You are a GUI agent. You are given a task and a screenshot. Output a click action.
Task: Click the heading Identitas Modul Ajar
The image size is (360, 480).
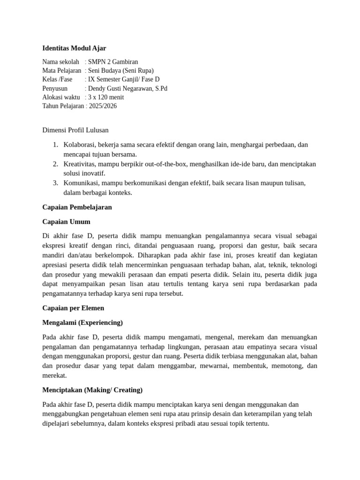pyautogui.click(x=74, y=48)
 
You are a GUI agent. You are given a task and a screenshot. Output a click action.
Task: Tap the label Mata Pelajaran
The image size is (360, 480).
pyautogui.click(x=61, y=70)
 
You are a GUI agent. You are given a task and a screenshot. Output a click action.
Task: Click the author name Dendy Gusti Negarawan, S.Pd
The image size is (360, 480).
pyautogui.click(x=127, y=88)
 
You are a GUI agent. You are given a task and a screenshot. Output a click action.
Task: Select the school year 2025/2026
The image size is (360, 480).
pyautogui.click(x=103, y=106)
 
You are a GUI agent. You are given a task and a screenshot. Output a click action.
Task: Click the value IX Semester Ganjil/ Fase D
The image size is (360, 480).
pyautogui.click(x=124, y=79)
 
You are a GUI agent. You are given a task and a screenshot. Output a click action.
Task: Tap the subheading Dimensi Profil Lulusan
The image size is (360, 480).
pyautogui.click(x=75, y=130)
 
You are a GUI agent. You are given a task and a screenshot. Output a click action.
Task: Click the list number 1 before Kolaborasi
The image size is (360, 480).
pyautogui.click(x=55, y=145)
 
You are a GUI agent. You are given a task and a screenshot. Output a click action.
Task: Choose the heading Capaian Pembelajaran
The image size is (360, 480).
pyautogui.click(x=77, y=207)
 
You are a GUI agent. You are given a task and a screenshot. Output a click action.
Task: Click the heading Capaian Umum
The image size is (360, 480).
pyautogui.click(x=66, y=221)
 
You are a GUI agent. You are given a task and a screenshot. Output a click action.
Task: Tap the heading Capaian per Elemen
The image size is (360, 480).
pyautogui.click(x=73, y=308)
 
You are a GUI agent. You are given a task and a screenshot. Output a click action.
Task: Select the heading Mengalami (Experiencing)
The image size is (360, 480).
pyautogui.click(x=82, y=322)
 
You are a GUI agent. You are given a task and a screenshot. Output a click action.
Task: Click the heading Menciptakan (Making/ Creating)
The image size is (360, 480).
pyautogui.click(x=92, y=390)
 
